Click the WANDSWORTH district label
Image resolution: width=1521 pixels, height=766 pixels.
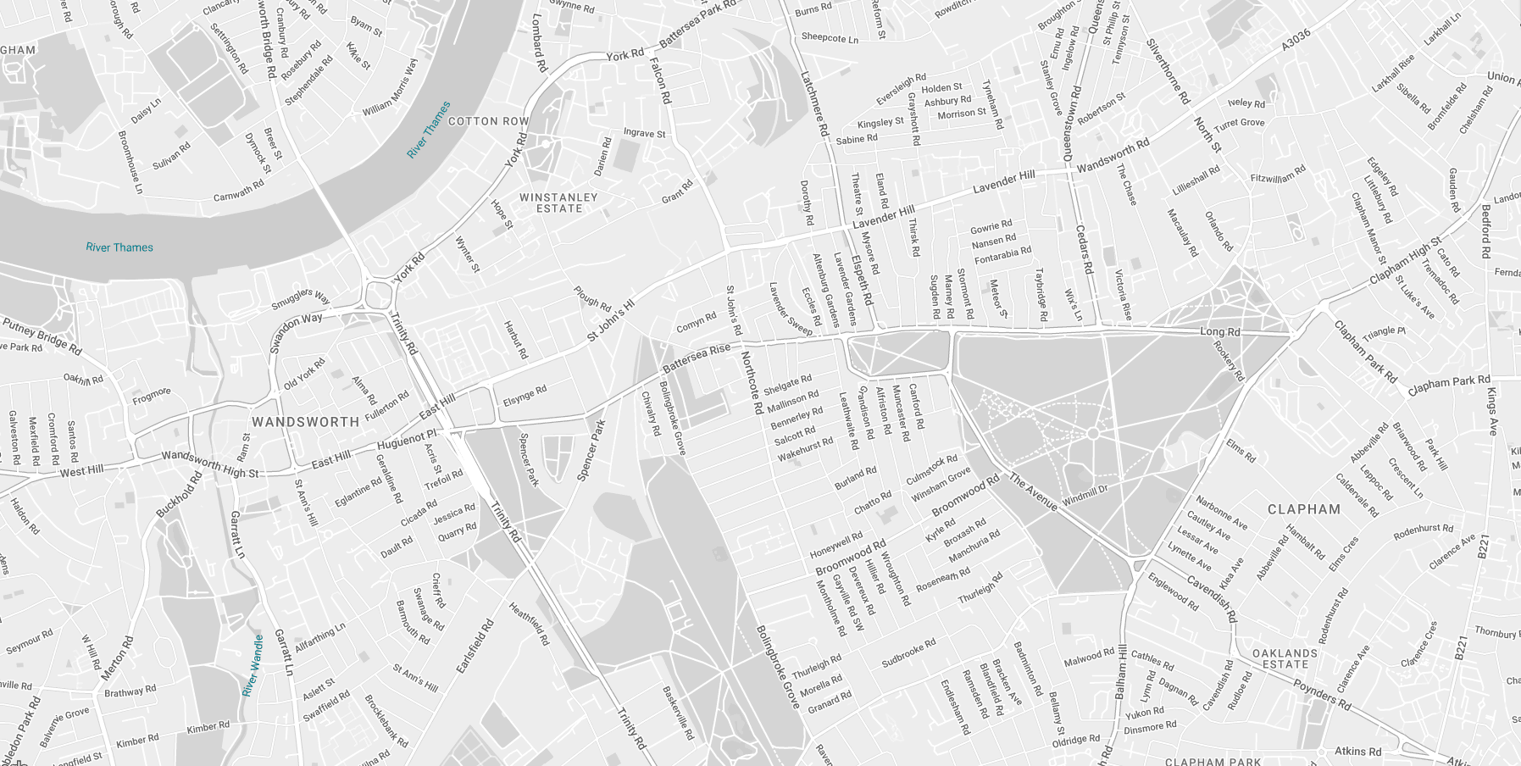(305, 422)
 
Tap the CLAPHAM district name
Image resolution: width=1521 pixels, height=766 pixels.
(1304, 509)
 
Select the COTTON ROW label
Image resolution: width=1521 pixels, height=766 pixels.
(488, 121)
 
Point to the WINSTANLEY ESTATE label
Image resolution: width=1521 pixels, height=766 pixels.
(558, 203)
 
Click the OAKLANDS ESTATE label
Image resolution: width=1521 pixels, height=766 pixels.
(1285, 658)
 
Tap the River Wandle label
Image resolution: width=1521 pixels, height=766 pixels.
(253, 665)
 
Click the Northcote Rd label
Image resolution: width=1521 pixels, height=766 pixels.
(751, 383)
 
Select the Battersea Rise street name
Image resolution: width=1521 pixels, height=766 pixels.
(696, 358)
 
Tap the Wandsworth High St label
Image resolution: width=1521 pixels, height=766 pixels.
(210, 463)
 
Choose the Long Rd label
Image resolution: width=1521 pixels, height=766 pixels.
(1219, 332)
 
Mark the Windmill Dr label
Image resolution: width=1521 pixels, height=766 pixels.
(1085, 495)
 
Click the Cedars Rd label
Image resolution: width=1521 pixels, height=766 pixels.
(1084, 249)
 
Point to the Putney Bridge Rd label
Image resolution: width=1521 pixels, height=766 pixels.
(42, 336)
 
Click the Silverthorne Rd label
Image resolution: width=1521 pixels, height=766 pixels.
(1168, 71)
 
